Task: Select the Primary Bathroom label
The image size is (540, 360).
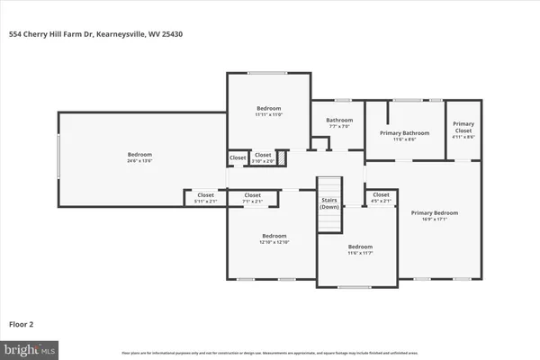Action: (404, 133)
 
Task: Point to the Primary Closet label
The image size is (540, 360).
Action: (463, 126)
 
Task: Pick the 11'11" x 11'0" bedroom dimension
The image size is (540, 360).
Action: (268, 114)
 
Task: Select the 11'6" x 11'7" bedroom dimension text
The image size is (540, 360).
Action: (359, 253)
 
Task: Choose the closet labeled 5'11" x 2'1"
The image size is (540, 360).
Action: (205, 200)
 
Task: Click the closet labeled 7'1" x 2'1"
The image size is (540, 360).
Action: (253, 200)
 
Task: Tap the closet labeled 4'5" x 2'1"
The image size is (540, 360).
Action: (381, 200)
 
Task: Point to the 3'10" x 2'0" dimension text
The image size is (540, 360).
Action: (262, 162)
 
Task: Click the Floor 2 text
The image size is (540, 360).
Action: (22, 323)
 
